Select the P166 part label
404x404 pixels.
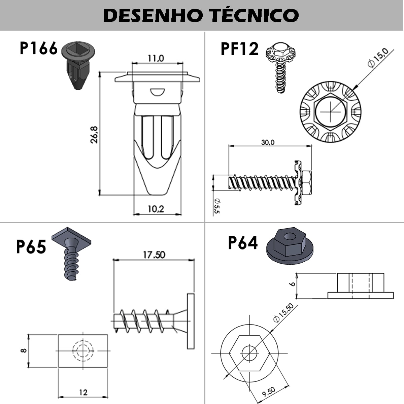point(39,48)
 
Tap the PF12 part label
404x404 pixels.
point(239,48)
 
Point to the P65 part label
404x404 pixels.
point(31,246)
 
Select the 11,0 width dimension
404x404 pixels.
point(156,58)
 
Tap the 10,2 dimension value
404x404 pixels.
point(156,209)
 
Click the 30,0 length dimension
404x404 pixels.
point(268,142)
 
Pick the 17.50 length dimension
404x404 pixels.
point(154,255)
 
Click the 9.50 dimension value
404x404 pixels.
point(269,391)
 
